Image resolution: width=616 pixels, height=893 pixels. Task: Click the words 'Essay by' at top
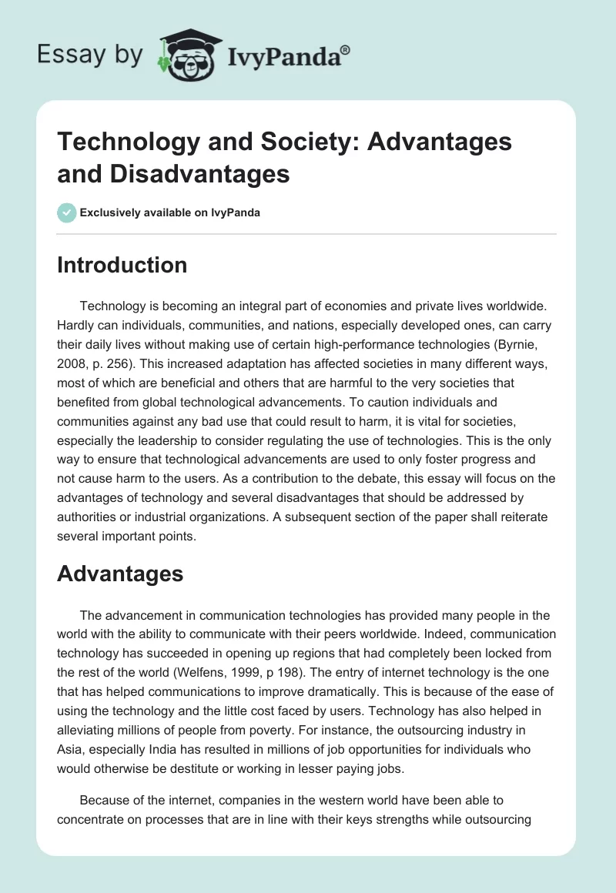[89, 55]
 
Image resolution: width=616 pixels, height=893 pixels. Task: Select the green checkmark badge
[66, 212]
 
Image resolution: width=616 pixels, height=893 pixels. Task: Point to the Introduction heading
[122, 265]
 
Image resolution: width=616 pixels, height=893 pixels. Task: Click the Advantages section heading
[120, 573]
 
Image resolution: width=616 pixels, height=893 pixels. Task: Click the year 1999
[231, 673]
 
